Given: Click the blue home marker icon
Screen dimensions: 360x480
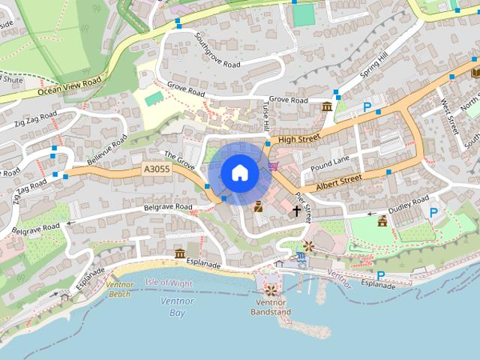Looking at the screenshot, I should point(239,173).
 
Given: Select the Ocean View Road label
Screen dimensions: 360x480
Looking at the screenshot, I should point(70,86).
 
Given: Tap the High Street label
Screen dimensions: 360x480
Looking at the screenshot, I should point(298,138).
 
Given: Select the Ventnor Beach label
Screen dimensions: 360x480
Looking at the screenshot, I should point(119,289).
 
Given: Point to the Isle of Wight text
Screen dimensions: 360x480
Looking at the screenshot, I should point(169,283).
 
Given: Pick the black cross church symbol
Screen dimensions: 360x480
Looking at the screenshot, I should point(296,211).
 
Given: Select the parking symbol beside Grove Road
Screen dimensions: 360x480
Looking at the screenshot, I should point(367,108).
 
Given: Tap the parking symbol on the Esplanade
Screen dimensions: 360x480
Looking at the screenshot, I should point(380,275).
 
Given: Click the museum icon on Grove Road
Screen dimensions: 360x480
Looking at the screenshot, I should point(327,107).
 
